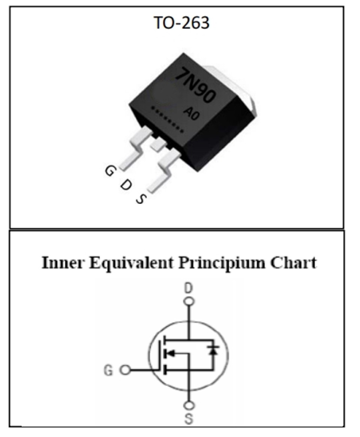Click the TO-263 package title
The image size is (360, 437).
coord(181,23)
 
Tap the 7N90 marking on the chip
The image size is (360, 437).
coord(195,85)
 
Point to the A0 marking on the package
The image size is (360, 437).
coord(191,113)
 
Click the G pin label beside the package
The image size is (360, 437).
coord(109,171)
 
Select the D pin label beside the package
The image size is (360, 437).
coord(126,185)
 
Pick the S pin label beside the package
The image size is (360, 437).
coord(141,199)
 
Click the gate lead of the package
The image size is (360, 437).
coord(135,148)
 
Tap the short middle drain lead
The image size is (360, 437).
coord(158,144)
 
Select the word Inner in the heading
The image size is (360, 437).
coord(62,263)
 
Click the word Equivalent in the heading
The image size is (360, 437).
coord(131,263)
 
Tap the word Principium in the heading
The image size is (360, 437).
coord(222,263)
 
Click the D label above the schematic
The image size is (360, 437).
coord(189,288)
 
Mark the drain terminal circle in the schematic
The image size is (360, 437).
coord(189,302)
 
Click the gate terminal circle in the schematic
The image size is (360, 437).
coord(125,370)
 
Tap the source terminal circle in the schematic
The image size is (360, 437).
coord(189,406)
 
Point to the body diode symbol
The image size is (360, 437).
coord(213,350)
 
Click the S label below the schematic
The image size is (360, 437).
coord(189,419)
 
